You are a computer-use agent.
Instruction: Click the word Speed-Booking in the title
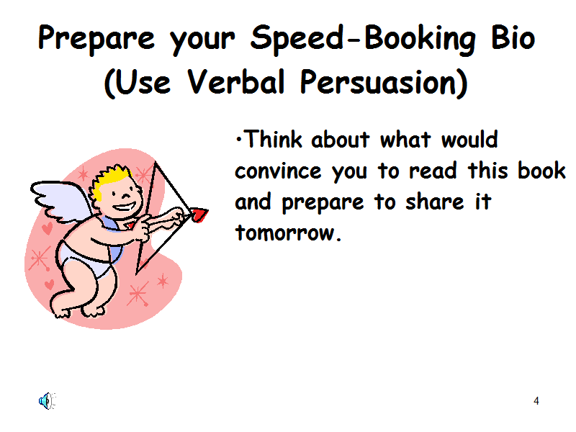pyautogui.click(x=363, y=40)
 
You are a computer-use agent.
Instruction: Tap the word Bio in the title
pyautogui.click(x=513, y=37)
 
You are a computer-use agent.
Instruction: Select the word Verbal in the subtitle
pyautogui.click(x=236, y=81)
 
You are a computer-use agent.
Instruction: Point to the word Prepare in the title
pyautogui.click(x=96, y=40)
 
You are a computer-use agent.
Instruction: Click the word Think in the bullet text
pyautogui.click(x=274, y=139)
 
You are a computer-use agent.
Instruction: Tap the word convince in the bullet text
pyautogui.click(x=278, y=171)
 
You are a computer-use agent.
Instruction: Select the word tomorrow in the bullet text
pyautogui.click(x=285, y=233)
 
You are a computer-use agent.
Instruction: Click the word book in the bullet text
pyautogui.click(x=541, y=170)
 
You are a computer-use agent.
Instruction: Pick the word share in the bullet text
pyautogui.click(x=435, y=202)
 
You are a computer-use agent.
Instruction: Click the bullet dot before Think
pyautogui.click(x=239, y=140)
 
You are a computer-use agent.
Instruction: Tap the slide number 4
pyautogui.click(x=536, y=401)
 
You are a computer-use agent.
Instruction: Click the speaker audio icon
pyautogui.click(x=47, y=401)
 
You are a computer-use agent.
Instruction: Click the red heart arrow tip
pyautogui.click(x=199, y=215)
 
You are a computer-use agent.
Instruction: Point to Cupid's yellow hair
pyautogui.click(x=110, y=180)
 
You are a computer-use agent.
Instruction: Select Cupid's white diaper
pyautogui.click(x=86, y=260)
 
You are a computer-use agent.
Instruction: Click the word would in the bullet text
pyautogui.click(x=469, y=139)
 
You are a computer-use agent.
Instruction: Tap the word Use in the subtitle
pyautogui.click(x=143, y=82)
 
